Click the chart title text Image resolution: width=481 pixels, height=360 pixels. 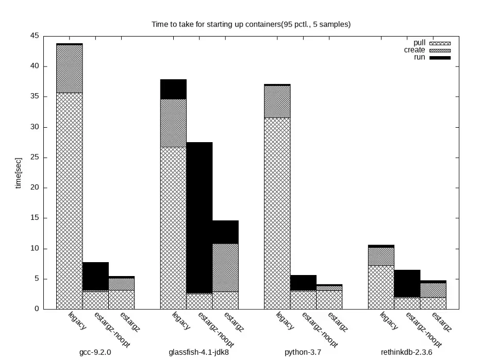pos(251,24)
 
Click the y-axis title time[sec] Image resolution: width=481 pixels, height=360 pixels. pos(19,173)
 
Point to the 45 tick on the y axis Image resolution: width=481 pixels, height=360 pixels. pos(35,36)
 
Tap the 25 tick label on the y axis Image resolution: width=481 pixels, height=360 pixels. pos(35,158)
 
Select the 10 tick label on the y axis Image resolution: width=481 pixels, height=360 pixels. pos(35,249)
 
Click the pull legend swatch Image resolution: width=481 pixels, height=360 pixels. pos(440,43)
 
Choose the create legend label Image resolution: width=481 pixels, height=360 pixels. pos(414,50)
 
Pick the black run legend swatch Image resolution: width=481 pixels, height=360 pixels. pos(440,58)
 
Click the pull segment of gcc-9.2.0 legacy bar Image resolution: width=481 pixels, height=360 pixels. pos(69,201)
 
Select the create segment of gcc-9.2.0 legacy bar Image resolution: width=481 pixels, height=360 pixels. pos(69,68)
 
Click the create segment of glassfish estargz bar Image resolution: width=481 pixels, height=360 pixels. pos(225,267)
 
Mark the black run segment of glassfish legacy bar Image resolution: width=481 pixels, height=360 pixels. pos(173,89)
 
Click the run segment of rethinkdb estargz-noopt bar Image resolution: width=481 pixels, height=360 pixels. pos(407,283)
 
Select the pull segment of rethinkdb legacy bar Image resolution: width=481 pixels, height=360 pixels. pos(381,287)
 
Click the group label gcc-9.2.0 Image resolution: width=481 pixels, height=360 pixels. pos(95,353)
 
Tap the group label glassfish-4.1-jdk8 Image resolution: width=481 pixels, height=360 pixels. pos(199,353)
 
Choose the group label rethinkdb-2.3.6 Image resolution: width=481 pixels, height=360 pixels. pos(407,353)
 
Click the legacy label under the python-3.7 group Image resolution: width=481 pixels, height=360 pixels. pos(285,320)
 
